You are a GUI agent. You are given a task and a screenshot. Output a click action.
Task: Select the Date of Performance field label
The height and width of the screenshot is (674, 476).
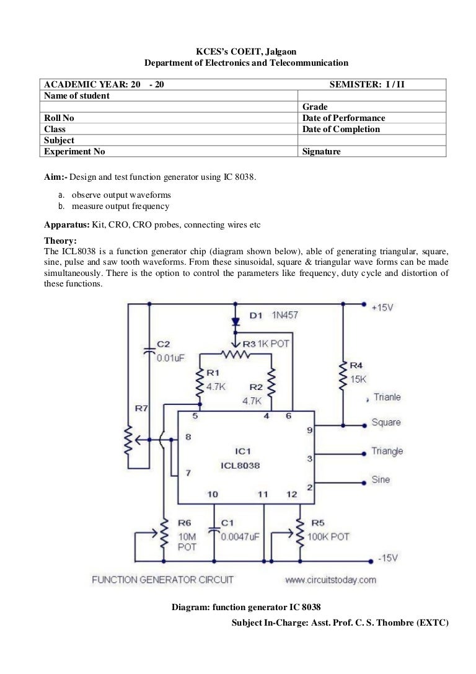(x=343, y=118)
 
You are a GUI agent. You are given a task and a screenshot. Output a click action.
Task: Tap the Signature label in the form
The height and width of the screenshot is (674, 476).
(x=321, y=151)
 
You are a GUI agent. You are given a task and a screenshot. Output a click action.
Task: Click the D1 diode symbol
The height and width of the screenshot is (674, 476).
(x=235, y=322)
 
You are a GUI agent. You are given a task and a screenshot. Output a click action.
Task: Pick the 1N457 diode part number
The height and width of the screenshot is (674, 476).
(x=284, y=316)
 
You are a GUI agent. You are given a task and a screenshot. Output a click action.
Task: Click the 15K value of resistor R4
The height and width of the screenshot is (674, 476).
(x=359, y=378)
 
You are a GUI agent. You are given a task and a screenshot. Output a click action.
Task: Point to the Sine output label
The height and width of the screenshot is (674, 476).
(x=381, y=480)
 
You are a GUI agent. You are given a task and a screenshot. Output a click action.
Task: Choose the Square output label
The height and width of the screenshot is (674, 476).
(x=386, y=423)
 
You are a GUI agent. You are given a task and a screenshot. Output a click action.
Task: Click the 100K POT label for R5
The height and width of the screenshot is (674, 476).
(x=330, y=536)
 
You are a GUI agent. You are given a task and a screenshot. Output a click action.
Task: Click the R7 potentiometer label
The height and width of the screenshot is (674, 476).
(x=141, y=409)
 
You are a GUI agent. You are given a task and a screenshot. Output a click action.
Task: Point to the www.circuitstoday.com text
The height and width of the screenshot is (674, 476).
(x=330, y=580)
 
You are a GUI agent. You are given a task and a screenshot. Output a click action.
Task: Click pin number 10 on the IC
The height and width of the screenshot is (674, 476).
(x=213, y=494)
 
